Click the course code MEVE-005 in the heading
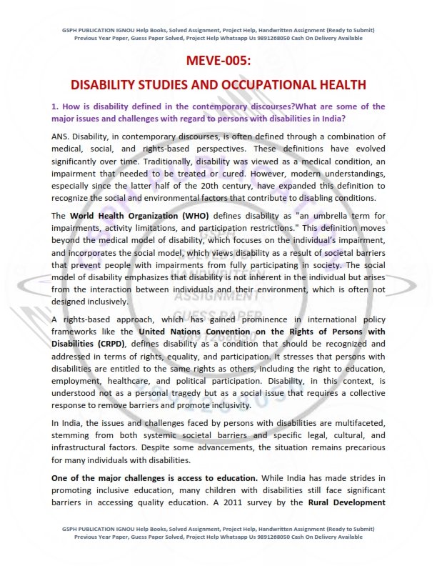(218, 61)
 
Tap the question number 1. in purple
(54, 106)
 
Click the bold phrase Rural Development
(348, 502)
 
